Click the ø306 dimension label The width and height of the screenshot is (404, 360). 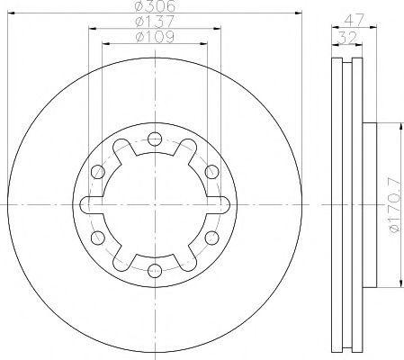155,6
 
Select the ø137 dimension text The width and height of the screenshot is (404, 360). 155,22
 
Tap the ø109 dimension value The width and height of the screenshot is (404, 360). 155,37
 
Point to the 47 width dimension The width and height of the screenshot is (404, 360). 354,20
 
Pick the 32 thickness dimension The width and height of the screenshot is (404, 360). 347,38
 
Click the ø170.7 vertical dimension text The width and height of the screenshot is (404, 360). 395,205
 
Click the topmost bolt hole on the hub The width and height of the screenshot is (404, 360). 155,139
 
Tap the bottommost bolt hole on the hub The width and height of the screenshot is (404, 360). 155,272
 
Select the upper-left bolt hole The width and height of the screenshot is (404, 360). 98,172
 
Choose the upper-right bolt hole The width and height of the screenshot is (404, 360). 212,172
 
